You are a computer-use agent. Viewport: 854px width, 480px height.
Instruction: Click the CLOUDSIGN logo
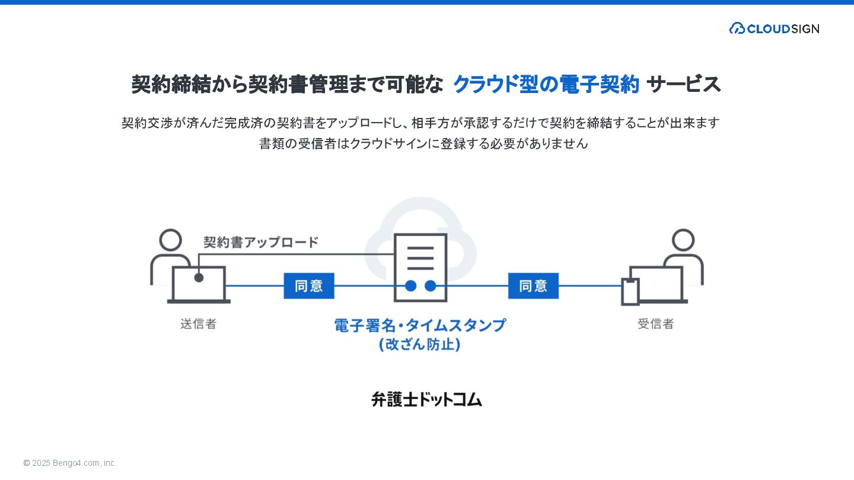[x=774, y=28]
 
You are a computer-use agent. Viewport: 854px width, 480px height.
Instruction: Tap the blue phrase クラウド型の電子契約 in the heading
[x=546, y=85]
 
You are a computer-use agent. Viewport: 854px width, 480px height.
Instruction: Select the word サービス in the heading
[x=684, y=85]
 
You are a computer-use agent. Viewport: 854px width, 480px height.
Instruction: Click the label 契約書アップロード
[x=261, y=242]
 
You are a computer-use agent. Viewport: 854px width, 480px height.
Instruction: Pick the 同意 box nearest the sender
[x=309, y=286]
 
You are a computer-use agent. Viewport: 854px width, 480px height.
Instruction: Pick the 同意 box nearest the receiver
[x=533, y=286]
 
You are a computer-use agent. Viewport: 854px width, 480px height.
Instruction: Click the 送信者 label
[x=198, y=324]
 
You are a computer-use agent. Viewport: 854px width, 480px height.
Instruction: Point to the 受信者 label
[x=655, y=324]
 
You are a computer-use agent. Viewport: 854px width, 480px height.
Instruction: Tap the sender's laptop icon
[x=199, y=284]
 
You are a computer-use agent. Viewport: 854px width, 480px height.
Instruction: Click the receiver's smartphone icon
[x=630, y=292]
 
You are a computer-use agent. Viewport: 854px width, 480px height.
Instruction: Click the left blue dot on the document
[x=410, y=286]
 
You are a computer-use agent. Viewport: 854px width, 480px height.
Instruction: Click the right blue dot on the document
[x=431, y=286]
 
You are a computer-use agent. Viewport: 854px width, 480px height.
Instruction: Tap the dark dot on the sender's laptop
[x=199, y=277]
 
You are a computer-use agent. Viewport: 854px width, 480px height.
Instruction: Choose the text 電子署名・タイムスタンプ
[x=420, y=325]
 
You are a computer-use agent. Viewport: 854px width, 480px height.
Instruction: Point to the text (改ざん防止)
[x=420, y=344]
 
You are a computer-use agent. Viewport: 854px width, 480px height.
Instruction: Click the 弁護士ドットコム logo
[x=426, y=399]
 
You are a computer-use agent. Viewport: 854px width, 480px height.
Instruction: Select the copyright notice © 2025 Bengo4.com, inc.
[x=70, y=463]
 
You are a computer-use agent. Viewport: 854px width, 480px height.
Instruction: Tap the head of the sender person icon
[x=171, y=240]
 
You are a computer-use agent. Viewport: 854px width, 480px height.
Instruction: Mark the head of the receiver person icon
[x=683, y=240]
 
